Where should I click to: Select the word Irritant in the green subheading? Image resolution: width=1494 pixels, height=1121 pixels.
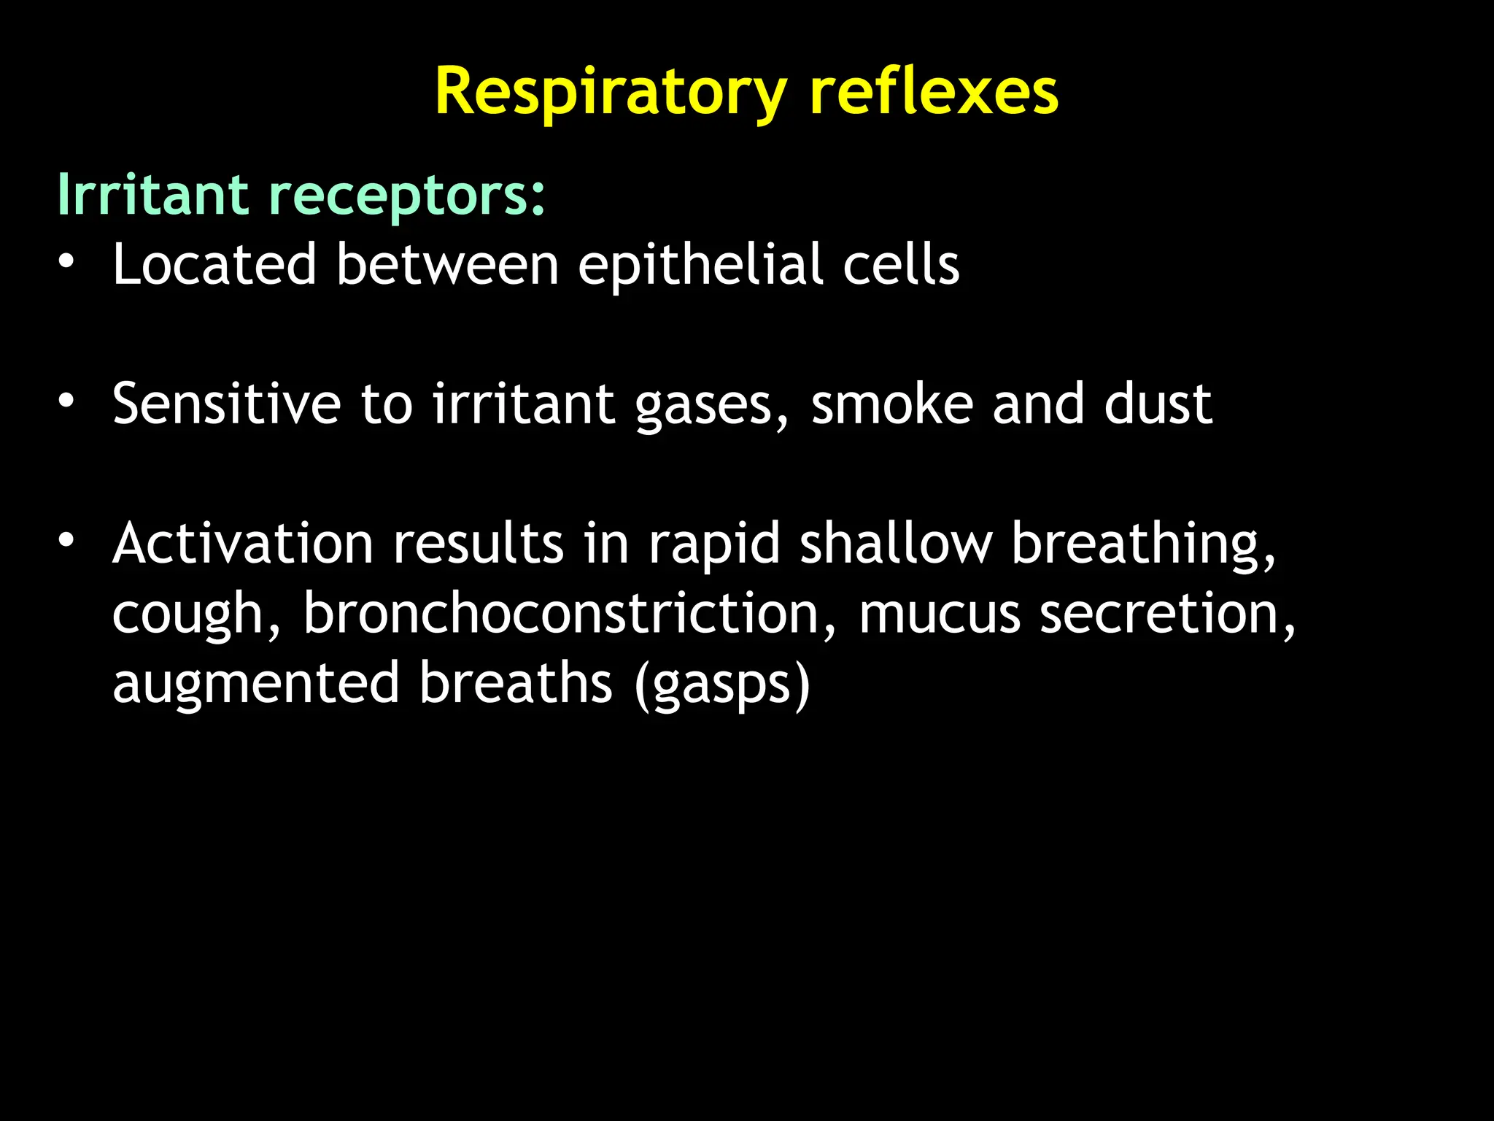pos(152,195)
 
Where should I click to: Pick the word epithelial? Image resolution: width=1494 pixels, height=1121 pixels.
pos(701,266)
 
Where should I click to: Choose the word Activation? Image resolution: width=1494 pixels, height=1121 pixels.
pos(243,544)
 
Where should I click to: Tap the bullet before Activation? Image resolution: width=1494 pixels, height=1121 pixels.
pos(66,541)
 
